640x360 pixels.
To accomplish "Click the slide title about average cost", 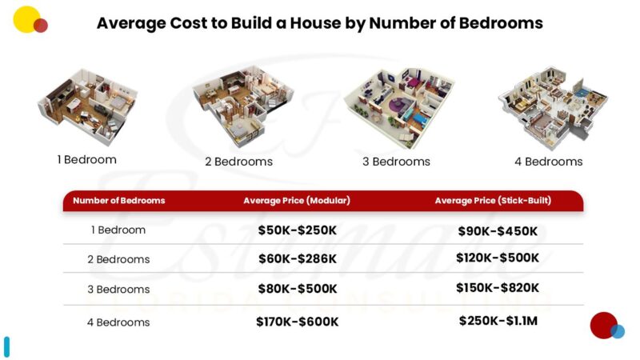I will click(319, 23).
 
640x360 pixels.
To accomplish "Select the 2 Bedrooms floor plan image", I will click(238, 105).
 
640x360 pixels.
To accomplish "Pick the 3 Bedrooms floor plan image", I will click(398, 106).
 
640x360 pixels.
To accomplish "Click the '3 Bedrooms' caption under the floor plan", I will click(396, 162).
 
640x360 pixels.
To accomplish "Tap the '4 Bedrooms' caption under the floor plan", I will click(548, 162).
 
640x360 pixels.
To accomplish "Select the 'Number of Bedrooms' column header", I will click(118, 201).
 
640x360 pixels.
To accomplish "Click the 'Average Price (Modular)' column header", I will click(297, 201).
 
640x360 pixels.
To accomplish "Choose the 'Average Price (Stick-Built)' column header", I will click(493, 201).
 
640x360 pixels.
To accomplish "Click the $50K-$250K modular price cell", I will click(298, 230).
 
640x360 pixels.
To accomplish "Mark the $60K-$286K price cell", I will click(298, 259).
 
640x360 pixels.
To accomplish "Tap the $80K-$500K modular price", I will click(298, 289).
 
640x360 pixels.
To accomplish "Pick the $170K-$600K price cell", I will click(298, 322).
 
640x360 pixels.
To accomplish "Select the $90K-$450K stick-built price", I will click(498, 231).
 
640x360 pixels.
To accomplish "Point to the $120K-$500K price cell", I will click(498, 258).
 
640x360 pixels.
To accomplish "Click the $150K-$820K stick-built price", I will click(498, 288).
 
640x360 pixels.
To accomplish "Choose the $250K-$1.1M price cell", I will click(498, 321).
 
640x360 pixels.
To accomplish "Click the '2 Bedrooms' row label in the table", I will click(118, 260).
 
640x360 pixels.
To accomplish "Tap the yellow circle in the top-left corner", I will click(26, 18).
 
